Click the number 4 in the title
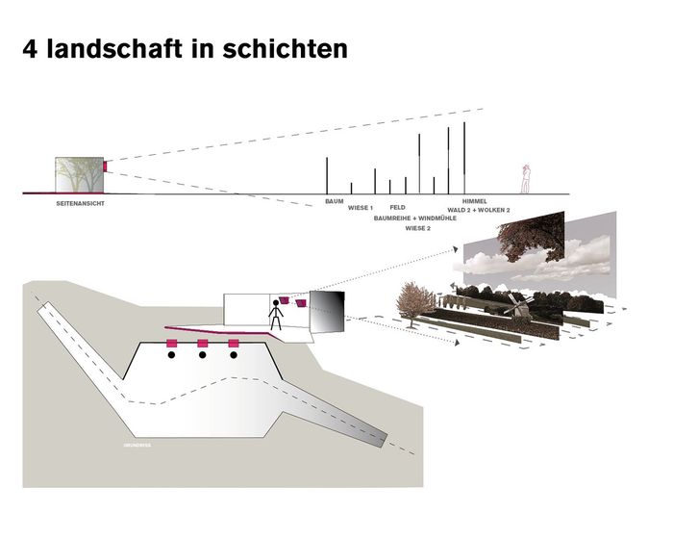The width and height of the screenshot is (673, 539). point(33,48)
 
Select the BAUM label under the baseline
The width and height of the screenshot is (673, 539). point(334,201)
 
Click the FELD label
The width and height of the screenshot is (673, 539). point(397,207)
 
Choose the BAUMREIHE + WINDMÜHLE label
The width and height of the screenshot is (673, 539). point(414,218)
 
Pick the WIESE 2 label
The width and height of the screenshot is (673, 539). point(417,229)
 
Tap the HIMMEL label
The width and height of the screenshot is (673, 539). point(476,201)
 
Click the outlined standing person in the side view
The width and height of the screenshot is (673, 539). point(525,178)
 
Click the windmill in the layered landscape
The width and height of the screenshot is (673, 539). point(520,307)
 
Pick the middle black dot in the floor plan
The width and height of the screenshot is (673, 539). point(202,355)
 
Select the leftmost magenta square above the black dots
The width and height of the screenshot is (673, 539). point(171,344)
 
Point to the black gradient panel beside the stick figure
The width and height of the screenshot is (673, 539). point(327,313)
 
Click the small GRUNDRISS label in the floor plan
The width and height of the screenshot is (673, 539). point(137,446)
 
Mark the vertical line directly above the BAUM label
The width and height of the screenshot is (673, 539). point(327,175)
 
